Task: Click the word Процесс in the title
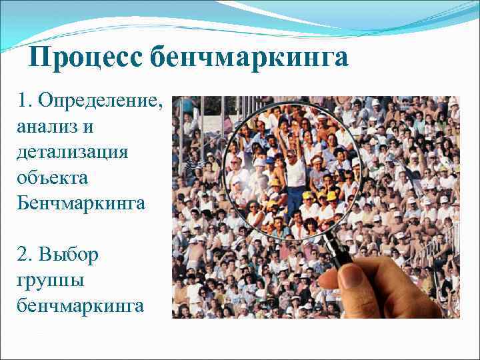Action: point(86,58)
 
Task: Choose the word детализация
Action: point(73,152)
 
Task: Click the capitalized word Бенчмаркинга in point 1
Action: point(81,203)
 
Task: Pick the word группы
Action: point(51,280)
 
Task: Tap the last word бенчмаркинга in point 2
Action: point(81,305)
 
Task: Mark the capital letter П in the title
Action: point(42,58)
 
